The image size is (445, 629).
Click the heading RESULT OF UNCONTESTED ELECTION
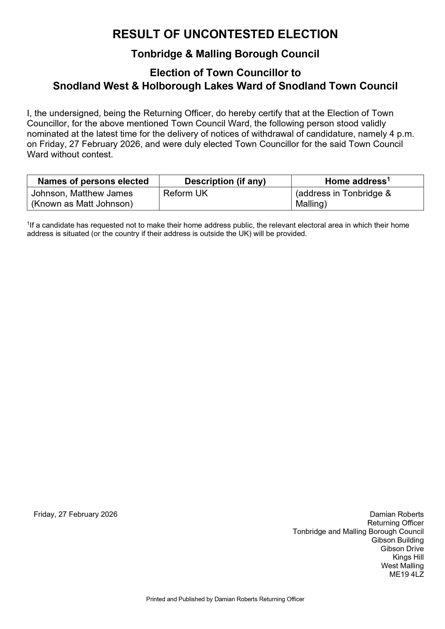click(x=225, y=34)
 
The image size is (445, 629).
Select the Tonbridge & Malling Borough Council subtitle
click(x=225, y=54)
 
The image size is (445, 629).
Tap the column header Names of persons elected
click(x=93, y=181)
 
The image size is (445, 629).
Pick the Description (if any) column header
click(x=225, y=181)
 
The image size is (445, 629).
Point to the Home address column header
click(x=357, y=181)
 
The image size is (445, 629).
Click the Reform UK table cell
click(x=185, y=193)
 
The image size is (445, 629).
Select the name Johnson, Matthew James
click(x=82, y=193)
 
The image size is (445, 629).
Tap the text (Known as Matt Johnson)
click(x=82, y=204)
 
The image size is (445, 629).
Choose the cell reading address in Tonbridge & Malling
click(x=343, y=199)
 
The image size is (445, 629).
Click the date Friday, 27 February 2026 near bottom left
click(x=75, y=514)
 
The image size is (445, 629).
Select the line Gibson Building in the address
click(x=397, y=540)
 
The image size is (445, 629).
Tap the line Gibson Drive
click(x=402, y=549)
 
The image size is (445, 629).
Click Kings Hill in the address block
click(x=408, y=557)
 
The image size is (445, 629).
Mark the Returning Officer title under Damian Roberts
click(x=395, y=523)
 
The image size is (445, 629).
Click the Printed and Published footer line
click(x=225, y=599)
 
